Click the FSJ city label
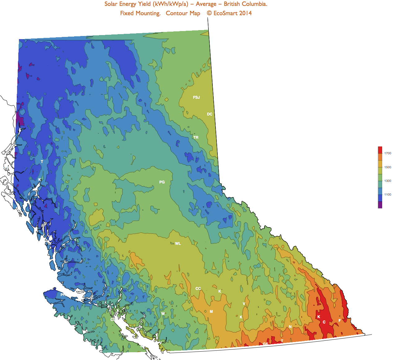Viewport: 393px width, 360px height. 196,97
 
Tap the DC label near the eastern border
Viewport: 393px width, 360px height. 210,114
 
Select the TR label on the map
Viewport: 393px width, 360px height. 196,137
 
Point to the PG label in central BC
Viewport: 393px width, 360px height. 162,182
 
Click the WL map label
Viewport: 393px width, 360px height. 178,244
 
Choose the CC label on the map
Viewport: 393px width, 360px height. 198,289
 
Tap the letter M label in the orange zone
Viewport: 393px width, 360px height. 211,312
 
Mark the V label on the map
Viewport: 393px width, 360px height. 244,304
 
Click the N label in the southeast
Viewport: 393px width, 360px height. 290,327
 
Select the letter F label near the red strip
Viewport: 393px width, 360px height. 340,321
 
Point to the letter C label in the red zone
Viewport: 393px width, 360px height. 324,322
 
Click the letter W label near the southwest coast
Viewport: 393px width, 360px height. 163,314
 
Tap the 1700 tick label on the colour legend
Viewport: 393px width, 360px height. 388,153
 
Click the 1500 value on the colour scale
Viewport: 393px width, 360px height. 388,167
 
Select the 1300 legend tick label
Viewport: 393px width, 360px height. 388,181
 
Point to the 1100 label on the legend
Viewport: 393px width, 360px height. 388,195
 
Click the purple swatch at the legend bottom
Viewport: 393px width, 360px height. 380,205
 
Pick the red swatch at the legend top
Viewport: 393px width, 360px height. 380,150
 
